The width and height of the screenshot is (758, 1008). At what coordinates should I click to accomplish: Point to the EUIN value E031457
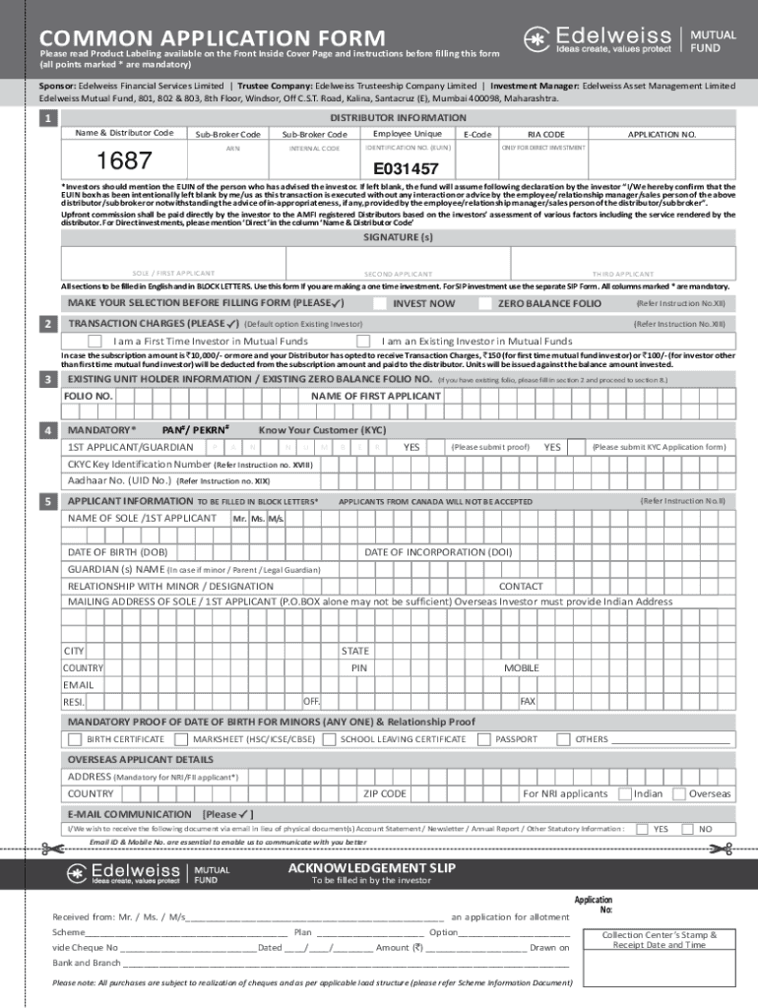pyautogui.click(x=406, y=169)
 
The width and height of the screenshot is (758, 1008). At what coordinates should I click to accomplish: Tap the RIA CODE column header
pyautogui.click(x=546, y=134)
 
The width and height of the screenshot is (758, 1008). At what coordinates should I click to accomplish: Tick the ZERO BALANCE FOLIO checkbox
pyautogui.click(x=484, y=303)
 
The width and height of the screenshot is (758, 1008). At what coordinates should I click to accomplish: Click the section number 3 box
pyautogui.click(x=46, y=379)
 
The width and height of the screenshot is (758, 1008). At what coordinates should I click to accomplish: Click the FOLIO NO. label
pyautogui.click(x=88, y=396)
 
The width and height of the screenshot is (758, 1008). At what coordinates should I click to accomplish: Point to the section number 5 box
pyautogui.click(x=46, y=502)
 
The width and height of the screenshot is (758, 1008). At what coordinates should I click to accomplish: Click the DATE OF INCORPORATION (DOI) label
pyautogui.click(x=438, y=552)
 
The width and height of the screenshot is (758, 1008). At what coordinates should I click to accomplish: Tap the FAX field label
pyautogui.click(x=528, y=701)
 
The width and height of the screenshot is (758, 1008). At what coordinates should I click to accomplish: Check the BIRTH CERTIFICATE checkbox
pyautogui.click(x=75, y=738)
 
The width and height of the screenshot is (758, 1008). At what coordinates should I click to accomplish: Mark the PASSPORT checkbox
pyautogui.click(x=483, y=738)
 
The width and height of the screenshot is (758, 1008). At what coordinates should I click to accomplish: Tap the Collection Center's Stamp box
pyautogui.click(x=659, y=939)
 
